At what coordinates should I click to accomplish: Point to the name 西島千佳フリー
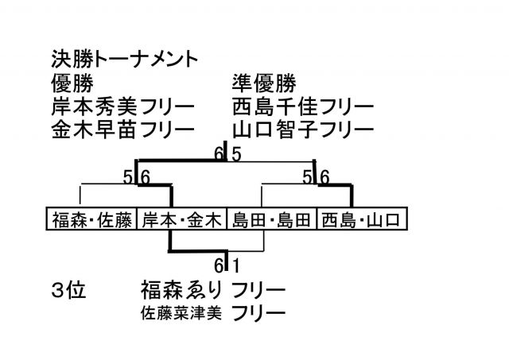click(x=303, y=105)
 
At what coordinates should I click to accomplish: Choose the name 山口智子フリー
click(x=303, y=127)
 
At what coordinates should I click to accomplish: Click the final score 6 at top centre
click(x=218, y=154)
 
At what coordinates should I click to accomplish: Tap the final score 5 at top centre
click(x=236, y=154)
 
